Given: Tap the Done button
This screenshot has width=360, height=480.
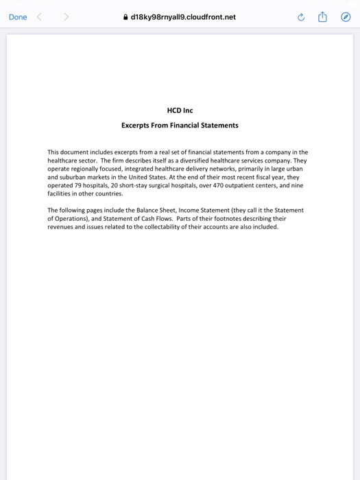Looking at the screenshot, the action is [x=19, y=17].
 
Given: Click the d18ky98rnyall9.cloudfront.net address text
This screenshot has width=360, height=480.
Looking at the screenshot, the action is [x=182, y=17].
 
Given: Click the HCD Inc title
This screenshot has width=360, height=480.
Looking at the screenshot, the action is [x=180, y=110].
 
